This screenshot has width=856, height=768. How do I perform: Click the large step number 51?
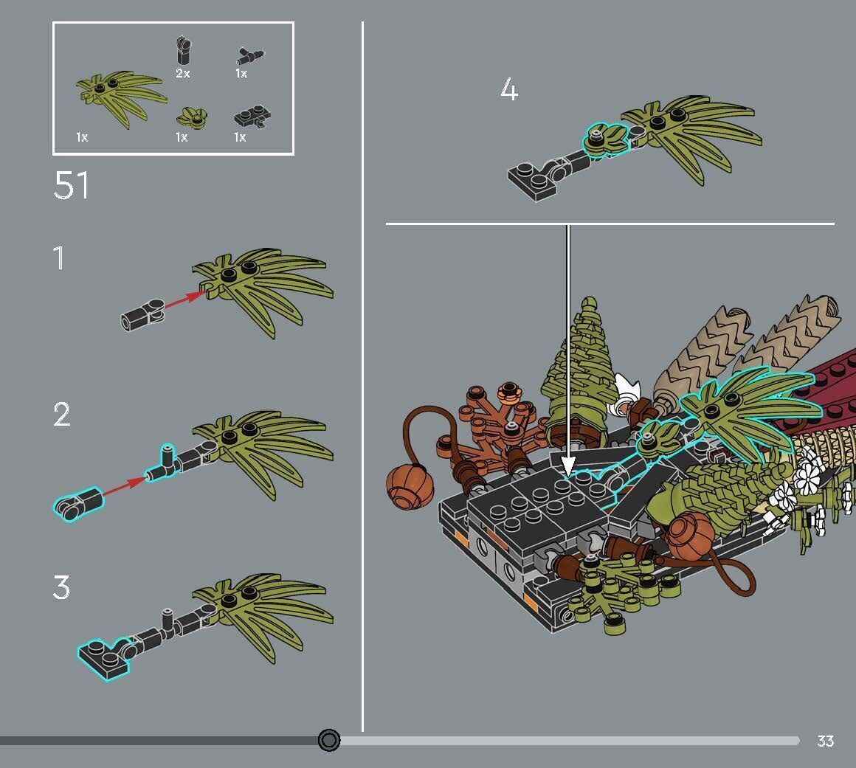(71, 186)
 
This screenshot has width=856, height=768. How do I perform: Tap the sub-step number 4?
(508, 89)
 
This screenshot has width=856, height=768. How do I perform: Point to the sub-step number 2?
(62, 415)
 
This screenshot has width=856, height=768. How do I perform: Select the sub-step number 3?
(61, 587)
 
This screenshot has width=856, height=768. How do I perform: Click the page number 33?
(825, 741)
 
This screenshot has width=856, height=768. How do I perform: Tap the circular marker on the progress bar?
(328, 740)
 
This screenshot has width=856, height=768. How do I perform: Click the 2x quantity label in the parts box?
(183, 73)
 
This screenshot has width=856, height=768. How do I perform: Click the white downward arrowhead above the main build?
(568, 466)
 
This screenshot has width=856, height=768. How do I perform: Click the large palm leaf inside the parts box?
(121, 97)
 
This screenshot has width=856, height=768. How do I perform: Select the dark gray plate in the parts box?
(252, 117)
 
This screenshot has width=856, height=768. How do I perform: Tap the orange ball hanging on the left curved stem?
(410, 487)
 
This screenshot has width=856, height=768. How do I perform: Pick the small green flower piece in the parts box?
(192, 117)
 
